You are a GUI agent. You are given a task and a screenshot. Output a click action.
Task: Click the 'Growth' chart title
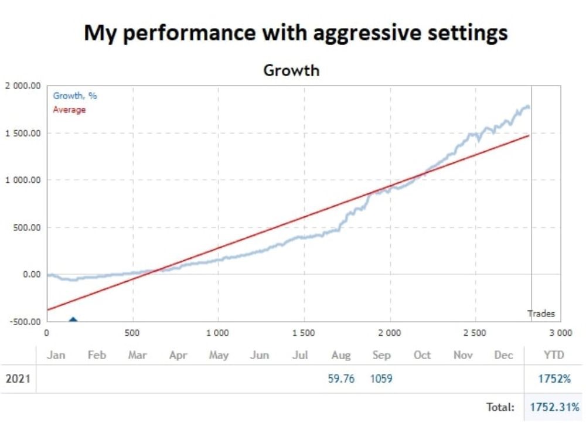click(x=291, y=70)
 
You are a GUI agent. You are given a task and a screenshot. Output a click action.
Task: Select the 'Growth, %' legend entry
click(x=75, y=96)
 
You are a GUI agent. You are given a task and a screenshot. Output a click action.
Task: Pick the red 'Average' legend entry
click(x=69, y=110)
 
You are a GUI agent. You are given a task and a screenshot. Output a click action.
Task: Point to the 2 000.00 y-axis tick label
click(x=23, y=86)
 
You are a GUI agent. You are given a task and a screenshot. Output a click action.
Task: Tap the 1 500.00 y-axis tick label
click(x=23, y=133)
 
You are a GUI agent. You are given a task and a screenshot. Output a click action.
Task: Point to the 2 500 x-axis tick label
click(x=474, y=333)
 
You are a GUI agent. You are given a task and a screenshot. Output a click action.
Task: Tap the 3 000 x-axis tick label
click(x=560, y=333)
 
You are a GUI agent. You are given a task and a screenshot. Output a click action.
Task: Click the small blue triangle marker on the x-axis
click(x=73, y=319)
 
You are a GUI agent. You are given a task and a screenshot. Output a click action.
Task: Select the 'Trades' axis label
click(x=541, y=313)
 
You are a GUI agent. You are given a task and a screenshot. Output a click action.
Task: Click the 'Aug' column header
click(x=341, y=355)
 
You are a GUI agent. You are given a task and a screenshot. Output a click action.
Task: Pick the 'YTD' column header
click(x=554, y=355)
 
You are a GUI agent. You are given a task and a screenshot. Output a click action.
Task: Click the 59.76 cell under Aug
click(x=341, y=378)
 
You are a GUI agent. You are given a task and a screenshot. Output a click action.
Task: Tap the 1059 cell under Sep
click(x=381, y=378)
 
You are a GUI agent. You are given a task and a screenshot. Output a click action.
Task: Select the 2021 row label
click(x=18, y=378)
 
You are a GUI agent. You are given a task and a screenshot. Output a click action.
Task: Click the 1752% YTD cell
click(x=554, y=378)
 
